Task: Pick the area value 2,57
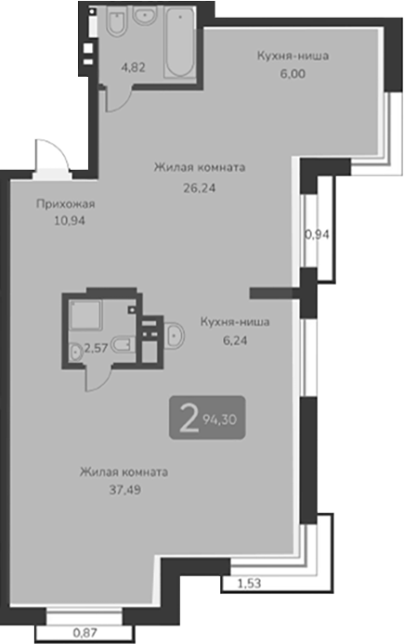[97, 349]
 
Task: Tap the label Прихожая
[66, 202]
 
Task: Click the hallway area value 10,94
[66, 219]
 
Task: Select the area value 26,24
[200, 184]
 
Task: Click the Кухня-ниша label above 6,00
[293, 57]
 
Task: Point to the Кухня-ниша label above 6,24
[235, 323]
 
